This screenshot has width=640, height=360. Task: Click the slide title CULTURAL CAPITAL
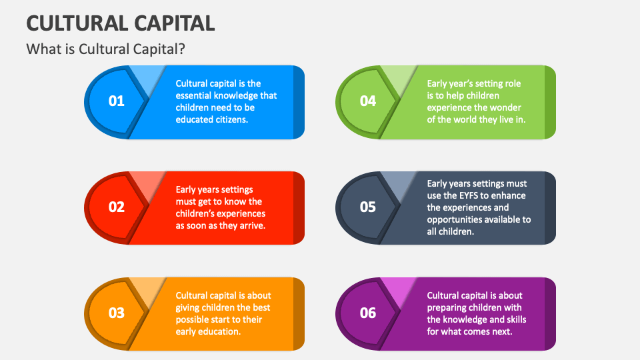[x=121, y=23]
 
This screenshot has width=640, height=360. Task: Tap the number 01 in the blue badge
[x=117, y=101]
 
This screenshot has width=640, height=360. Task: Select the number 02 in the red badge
[x=117, y=207]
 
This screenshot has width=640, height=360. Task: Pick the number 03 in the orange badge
[x=117, y=313]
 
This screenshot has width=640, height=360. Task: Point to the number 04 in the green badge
[x=368, y=101]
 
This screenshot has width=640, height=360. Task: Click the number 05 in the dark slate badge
[x=368, y=207]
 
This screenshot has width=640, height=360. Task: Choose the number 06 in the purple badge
[x=368, y=313]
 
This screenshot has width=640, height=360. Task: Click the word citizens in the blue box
[x=230, y=119]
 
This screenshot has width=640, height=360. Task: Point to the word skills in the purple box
[x=513, y=319]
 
